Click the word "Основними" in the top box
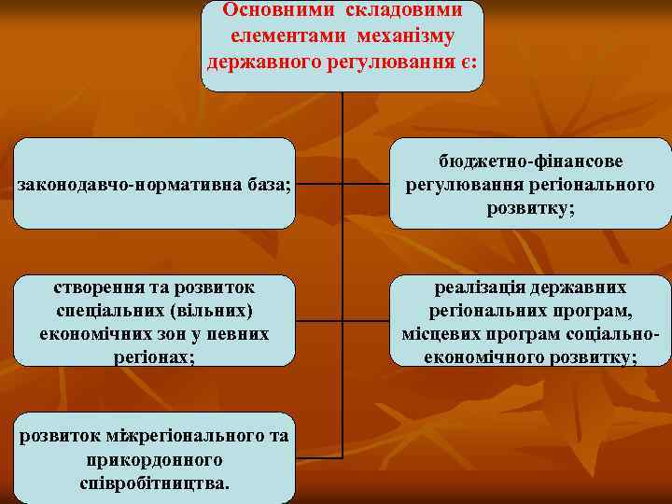pos(272,10)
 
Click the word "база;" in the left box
pos(271,185)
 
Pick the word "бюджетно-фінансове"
pos(530,161)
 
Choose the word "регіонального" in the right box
pos(596,185)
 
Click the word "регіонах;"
pos(154,357)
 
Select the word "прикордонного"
pos(153,461)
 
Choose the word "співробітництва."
pos(154,484)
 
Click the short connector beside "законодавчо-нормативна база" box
pos(318,184)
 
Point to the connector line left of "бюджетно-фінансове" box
pos(366,184)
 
